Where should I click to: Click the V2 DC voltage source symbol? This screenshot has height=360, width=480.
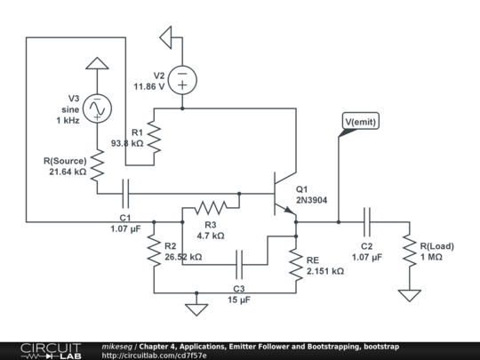[x=182, y=80]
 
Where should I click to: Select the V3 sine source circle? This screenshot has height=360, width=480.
[x=97, y=108]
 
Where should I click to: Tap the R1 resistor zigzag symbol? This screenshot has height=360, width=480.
[x=154, y=137]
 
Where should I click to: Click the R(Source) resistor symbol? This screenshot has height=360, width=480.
[x=98, y=165]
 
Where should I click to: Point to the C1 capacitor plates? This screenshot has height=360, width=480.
[x=125, y=194]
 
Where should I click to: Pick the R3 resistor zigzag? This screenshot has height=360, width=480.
[x=211, y=208]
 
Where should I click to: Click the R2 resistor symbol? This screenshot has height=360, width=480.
[x=154, y=251]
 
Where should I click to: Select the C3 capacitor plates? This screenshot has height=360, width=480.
[x=239, y=265]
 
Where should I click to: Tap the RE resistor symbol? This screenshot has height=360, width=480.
[x=296, y=265]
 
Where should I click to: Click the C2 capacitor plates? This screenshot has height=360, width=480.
[x=367, y=222]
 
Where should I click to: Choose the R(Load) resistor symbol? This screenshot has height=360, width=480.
[x=410, y=251]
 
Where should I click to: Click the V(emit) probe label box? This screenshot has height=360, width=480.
[x=361, y=121]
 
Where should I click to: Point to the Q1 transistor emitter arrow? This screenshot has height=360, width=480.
[x=289, y=211]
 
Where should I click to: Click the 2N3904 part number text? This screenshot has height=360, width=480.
[x=311, y=200]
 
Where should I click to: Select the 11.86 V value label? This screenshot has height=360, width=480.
[x=149, y=86]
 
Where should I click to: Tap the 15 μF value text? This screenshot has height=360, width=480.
[x=239, y=300]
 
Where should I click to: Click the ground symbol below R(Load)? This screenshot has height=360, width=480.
[x=410, y=296]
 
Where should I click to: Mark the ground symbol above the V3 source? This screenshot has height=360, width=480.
[x=97, y=63]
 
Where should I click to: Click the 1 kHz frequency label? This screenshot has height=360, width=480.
[x=68, y=121]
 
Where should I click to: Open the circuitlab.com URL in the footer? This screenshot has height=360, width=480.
[x=154, y=356]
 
